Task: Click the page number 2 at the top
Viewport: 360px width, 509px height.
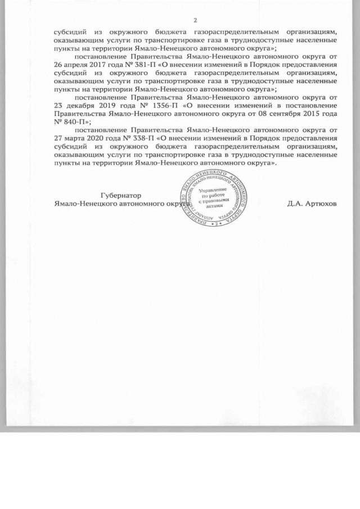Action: [x=195, y=21]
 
